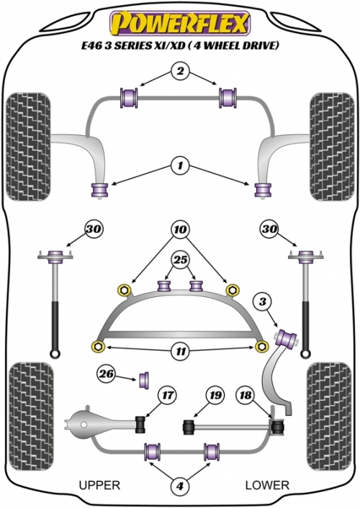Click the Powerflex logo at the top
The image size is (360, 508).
180,23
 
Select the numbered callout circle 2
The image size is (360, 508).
180,71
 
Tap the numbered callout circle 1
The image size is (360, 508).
180,166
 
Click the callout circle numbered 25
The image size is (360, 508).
181,260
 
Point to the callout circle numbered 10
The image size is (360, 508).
180,230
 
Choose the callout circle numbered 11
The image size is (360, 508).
181,351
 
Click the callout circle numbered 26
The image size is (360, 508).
107,374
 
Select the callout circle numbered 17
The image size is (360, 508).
167,395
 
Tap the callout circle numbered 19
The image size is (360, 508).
215,395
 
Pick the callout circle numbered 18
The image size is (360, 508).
246,395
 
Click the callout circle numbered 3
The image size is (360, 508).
263,301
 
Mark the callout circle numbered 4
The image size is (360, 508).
180,486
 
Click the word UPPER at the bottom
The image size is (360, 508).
99,485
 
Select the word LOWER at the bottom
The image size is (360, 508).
267,485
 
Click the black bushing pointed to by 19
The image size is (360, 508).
189,427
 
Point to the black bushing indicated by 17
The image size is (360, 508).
140,423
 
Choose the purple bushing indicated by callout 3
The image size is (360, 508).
286,337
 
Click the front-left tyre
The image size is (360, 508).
29,147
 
